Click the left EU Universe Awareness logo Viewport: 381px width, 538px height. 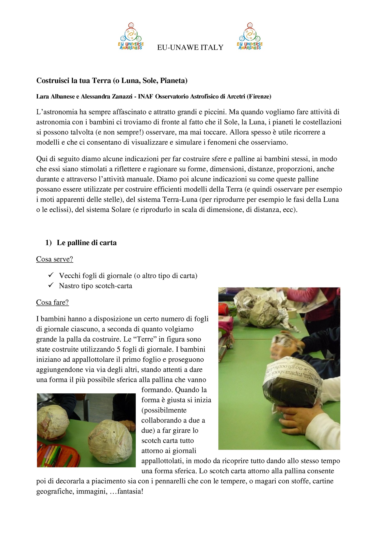pyautogui.click(x=131, y=36)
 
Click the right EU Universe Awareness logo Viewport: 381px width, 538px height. pyautogui.click(x=250, y=36)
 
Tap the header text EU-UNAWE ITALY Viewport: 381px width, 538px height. pyautogui.click(x=190, y=47)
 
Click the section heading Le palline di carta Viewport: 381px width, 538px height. pyautogui.click(x=87, y=243)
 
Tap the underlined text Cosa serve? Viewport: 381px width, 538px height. pyautogui.click(x=55, y=259)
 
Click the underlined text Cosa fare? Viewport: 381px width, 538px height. pyautogui.click(x=53, y=302)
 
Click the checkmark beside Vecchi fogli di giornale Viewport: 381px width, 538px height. pyautogui.click(x=51, y=275)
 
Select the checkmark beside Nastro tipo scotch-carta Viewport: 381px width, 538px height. pyautogui.click(x=51, y=285)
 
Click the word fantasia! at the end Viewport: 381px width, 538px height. pyautogui.click(x=130, y=491)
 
